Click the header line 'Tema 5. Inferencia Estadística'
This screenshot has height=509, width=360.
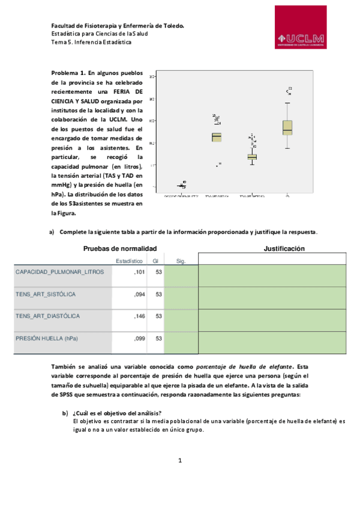click(x=91, y=43)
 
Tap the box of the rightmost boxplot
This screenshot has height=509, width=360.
click(x=287, y=127)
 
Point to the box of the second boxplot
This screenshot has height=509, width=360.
click(x=217, y=137)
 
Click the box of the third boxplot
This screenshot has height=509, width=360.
click(x=252, y=157)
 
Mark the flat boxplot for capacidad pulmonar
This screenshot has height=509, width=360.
click(x=181, y=185)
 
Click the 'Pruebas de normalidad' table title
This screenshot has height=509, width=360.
click(x=120, y=248)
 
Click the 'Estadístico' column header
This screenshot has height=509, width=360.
click(x=129, y=261)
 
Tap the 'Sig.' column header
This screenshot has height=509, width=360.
click(x=182, y=261)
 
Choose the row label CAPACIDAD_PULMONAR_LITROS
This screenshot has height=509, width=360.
click(x=59, y=272)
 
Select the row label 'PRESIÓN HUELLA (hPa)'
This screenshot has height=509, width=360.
click(x=47, y=339)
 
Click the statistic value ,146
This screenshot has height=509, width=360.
click(x=138, y=316)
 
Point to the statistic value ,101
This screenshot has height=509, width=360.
click(x=138, y=272)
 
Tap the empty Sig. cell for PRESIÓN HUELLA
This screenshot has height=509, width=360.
click(x=181, y=342)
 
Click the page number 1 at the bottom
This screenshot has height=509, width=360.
click(x=180, y=461)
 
